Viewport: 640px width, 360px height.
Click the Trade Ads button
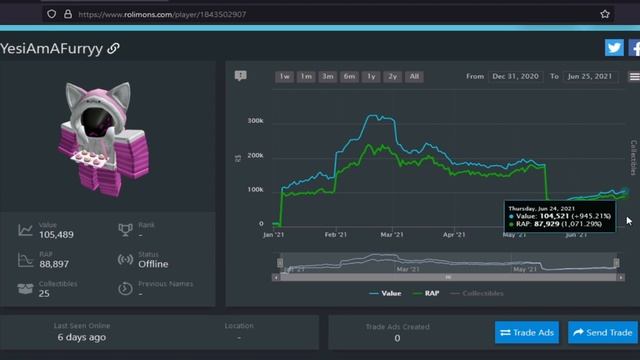click(x=526, y=332)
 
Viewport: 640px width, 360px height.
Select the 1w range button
click(x=285, y=76)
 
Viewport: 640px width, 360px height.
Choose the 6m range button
click(x=349, y=76)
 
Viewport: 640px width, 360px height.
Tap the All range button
click(x=414, y=76)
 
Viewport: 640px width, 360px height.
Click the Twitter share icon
click(x=613, y=47)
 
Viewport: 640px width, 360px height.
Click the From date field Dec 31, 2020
click(x=516, y=76)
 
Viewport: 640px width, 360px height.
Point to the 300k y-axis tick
click(x=255, y=121)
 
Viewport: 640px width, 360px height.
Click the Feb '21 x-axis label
click(x=335, y=235)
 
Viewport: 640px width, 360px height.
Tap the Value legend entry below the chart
click(x=388, y=294)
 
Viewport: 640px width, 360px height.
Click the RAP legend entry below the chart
click(x=431, y=294)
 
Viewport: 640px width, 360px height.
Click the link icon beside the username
click(x=114, y=48)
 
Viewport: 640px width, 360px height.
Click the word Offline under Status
click(x=154, y=264)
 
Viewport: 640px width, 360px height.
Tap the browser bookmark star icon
click(x=605, y=14)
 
